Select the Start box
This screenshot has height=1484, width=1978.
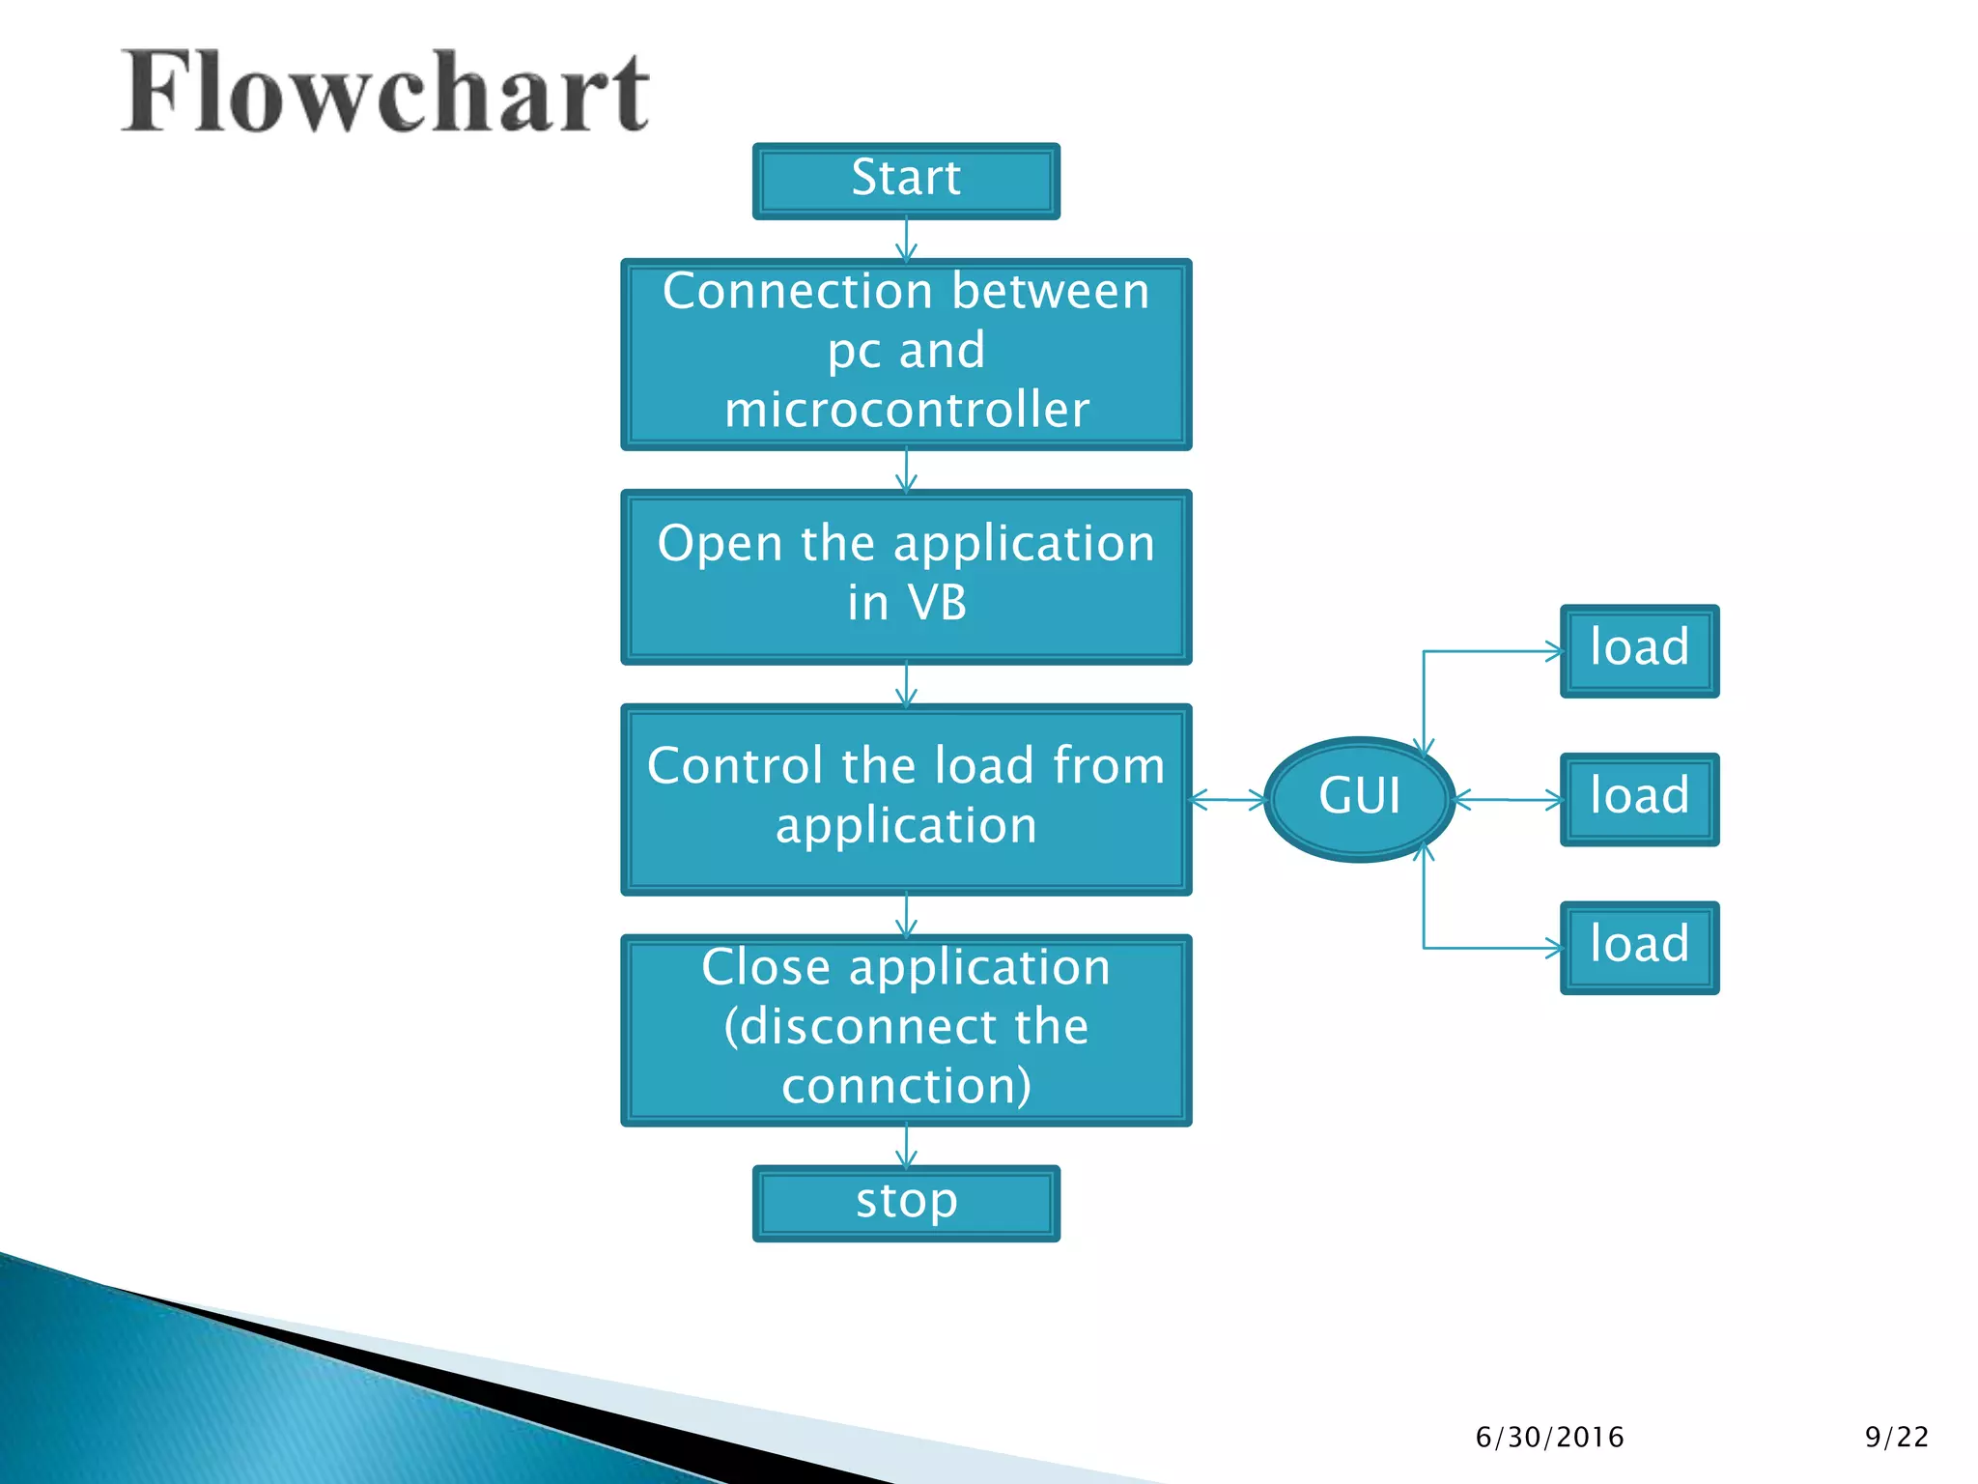[x=906, y=181]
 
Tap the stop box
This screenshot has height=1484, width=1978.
[x=906, y=1203]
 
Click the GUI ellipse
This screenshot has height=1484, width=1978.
[x=1359, y=798]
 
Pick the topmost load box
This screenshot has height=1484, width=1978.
[x=1639, y=650]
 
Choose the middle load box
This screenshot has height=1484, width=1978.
[x=1639, y=799]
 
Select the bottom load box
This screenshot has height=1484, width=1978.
[x=1639, y=947]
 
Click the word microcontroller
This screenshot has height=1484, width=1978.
[x=906, y=410]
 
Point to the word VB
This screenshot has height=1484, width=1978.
[x=936, y=603]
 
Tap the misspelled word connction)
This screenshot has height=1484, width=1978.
[x=906, y=1086]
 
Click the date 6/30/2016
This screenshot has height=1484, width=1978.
[x=1549, y=1438]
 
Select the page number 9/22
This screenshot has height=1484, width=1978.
[x=1896, y=1438]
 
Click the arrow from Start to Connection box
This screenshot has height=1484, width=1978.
[x=906, y=240]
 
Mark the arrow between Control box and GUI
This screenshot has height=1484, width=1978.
[x=1228, y=799]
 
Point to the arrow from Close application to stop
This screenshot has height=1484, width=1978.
[x=906, y=1147]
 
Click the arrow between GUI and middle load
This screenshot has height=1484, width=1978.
[x=1507, y=799]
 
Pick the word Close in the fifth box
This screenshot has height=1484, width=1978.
[x=765, y=967]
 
